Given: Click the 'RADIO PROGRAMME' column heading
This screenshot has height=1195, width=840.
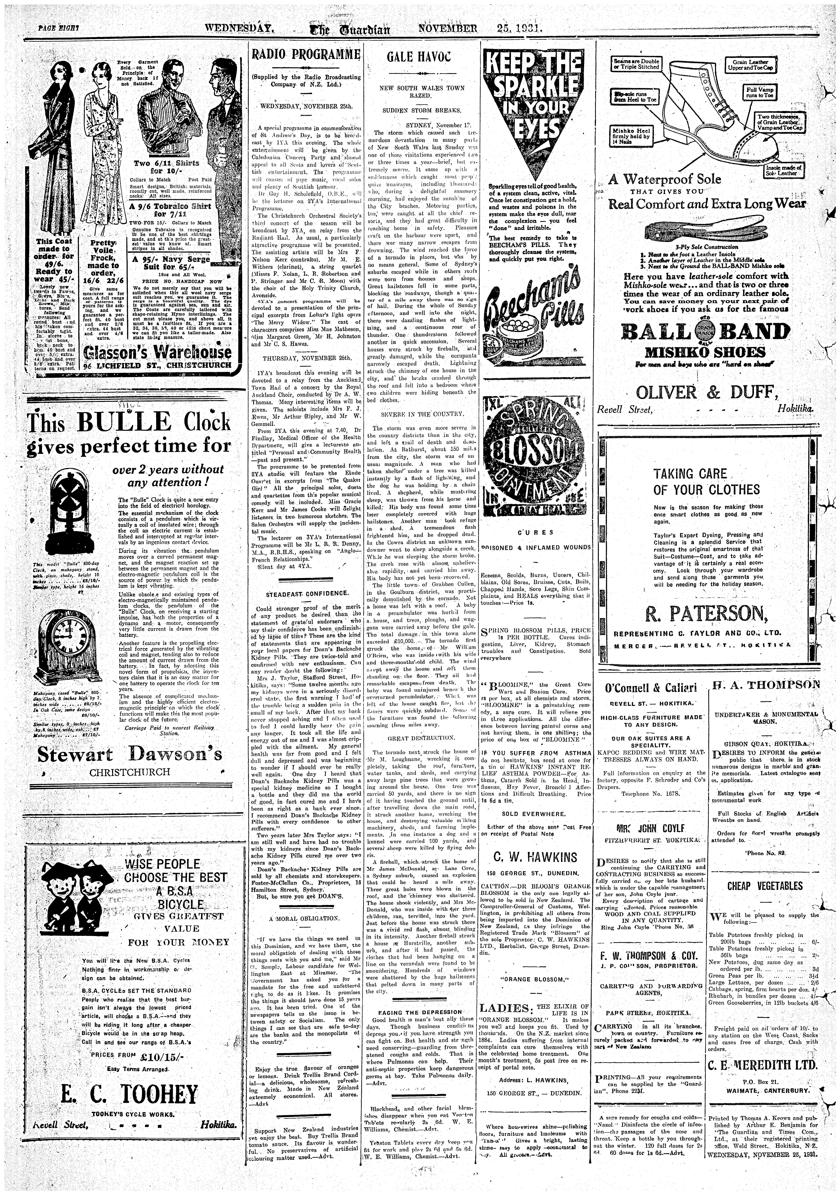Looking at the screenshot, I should pyautogui.click(x=306, y=54).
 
